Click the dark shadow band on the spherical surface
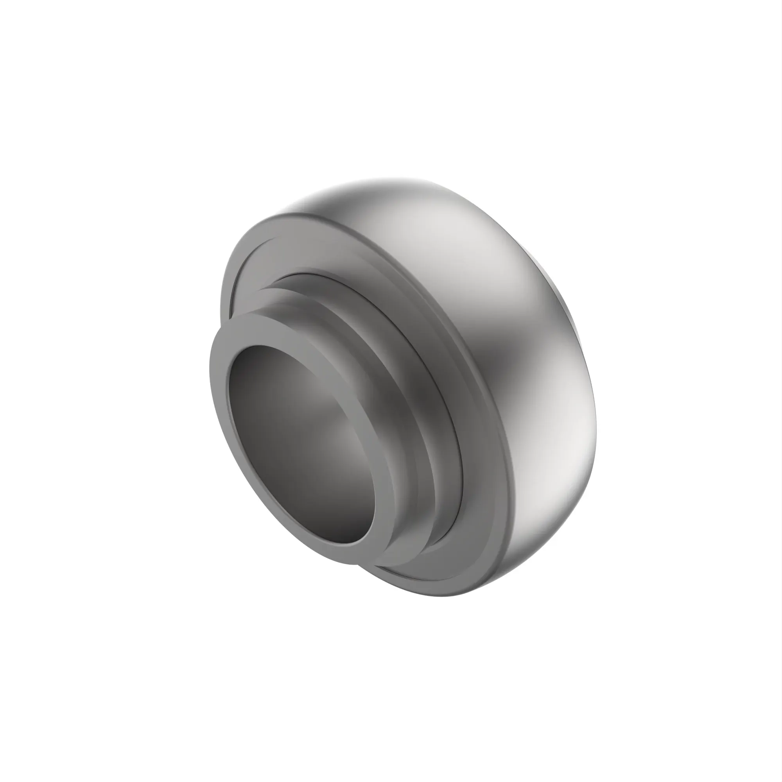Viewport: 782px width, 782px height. point(502,364)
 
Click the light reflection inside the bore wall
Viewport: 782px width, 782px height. point(344,425)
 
